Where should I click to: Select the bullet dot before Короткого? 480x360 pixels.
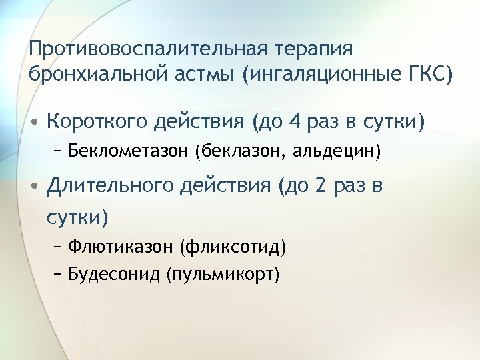point(33,123)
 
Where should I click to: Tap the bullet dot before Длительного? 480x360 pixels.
point(33,187)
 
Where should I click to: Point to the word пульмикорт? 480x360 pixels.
point(223,274)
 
